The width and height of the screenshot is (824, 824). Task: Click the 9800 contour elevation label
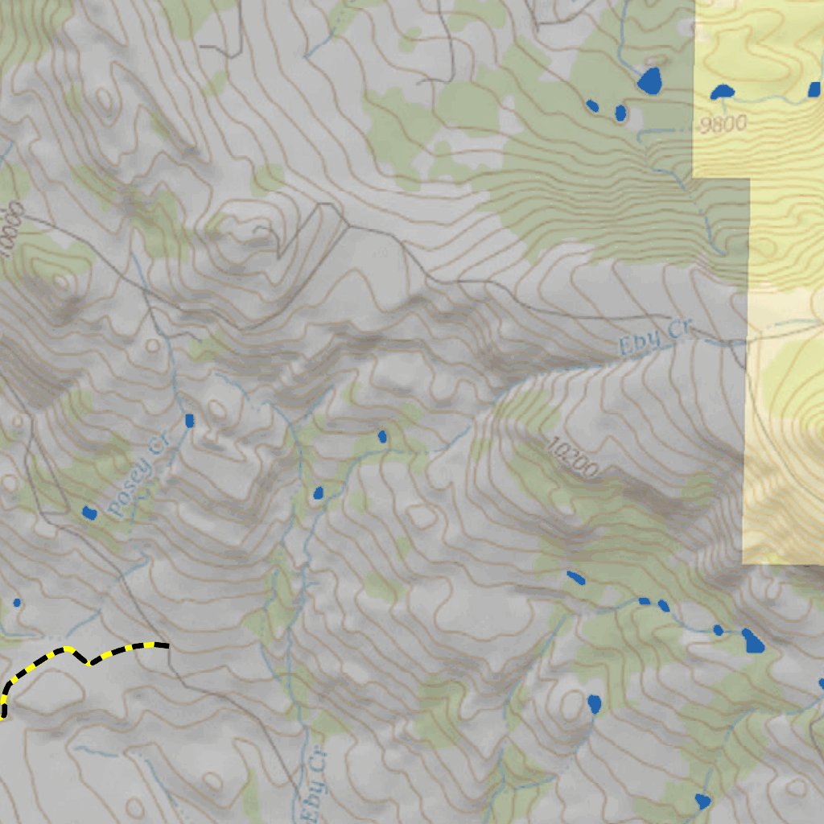(723, 123)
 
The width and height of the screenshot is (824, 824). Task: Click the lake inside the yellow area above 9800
(722, 92)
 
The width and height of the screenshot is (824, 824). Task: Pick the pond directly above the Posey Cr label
(190, 420)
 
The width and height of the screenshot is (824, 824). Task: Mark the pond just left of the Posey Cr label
(89, 512)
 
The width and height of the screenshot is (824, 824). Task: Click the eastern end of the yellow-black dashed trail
(166, 645)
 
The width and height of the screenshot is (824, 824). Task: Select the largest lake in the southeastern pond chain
(754, 641)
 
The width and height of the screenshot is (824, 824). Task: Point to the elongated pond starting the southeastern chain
(575, 577)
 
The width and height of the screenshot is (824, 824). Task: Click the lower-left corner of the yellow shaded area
(743, 562)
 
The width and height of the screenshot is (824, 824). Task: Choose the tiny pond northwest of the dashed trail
(17, 602)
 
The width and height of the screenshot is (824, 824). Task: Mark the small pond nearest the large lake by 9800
(620, 113)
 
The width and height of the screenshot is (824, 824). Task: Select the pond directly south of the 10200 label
(595, 704)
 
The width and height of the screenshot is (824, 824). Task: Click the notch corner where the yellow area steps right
(750, 178)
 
